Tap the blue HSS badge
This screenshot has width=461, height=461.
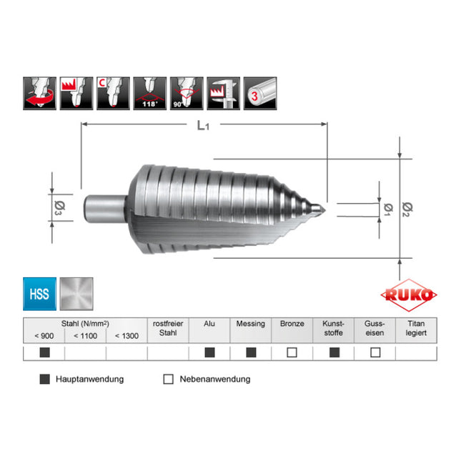coord(40,294)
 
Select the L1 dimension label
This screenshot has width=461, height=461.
coord(204,127)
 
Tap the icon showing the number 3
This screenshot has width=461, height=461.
coord(261,94)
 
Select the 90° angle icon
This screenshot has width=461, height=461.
coord(186,94)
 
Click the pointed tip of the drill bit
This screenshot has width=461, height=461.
coord(322,209)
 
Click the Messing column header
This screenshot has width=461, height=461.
coord(251,324)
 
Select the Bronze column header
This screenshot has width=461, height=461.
coord(292,324)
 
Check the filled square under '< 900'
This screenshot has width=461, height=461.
coord(44,352)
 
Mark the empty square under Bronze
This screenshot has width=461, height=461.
coord(292,352)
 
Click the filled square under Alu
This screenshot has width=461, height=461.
coord(209,352)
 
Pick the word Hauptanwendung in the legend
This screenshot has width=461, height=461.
coord(89,379)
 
